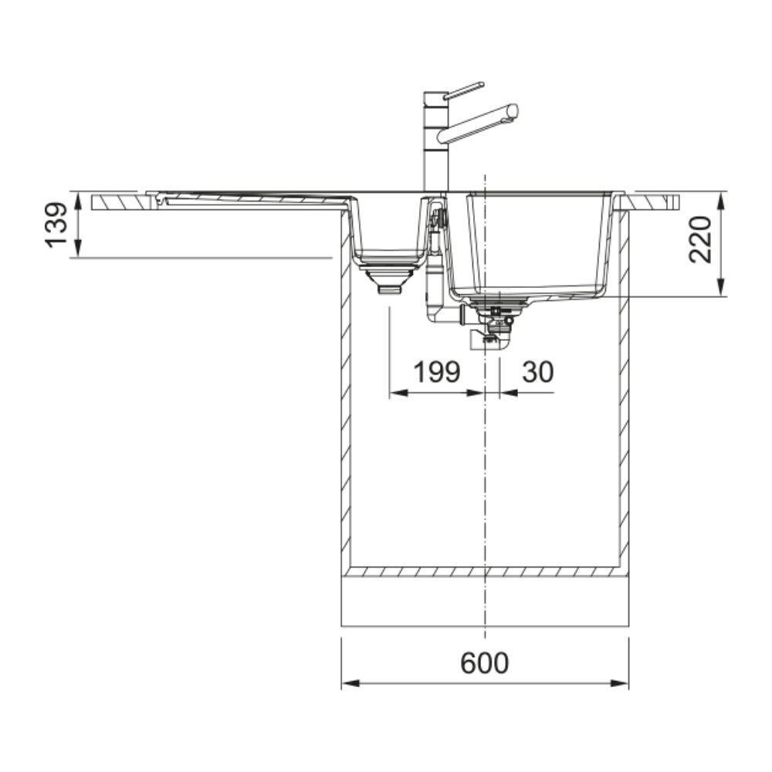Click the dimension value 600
pyautogui.click(x=485, y=662)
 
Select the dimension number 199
pyautogui.click(x=437, y=372)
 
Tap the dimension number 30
pyautogui.click(x=537, y=372)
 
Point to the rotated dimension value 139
pyautogui.click(x=56, y=225)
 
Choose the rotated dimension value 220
pyautogui.click(x=699, y=239)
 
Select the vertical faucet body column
pyautogui.click(x=435, y=142)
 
